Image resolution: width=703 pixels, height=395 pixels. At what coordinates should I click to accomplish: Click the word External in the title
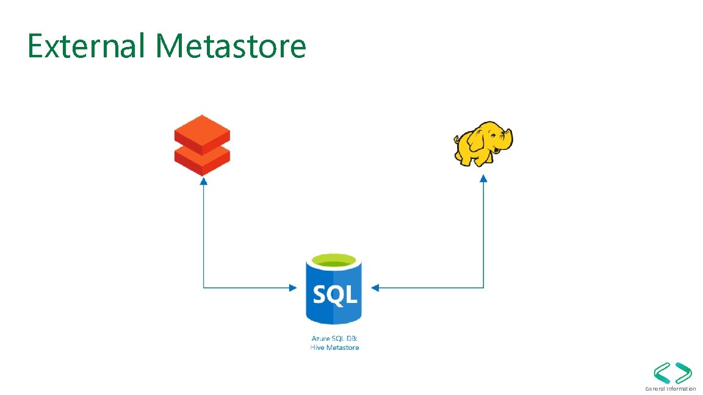pyautogui.click(x=85, y=46)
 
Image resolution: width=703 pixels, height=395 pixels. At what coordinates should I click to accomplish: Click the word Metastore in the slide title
pyautogui.click(x=230, y=46)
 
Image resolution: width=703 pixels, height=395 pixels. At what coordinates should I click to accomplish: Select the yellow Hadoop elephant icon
pyautogui.click(x=483, y=143)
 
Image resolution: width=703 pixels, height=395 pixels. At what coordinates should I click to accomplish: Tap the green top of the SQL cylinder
pyautogui.click(x=333, y=261)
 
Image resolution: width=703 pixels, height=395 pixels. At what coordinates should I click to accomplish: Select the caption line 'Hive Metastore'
pyautogui.click(x=334, y=347)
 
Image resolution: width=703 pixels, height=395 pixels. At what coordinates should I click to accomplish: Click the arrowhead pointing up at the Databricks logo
pyautogui.click(x=203, y=181)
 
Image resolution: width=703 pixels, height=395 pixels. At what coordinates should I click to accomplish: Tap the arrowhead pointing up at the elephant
pyautogui.click(x=483, y=179)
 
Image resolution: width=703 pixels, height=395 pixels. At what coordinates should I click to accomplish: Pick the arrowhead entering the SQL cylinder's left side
pyautogui.click(x=292, y=288)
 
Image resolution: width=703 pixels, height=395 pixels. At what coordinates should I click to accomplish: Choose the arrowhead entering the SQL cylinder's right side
pyautogui.click(x=375, y=288)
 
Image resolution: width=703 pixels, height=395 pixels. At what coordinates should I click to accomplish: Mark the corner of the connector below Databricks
pyautogui.click(x=203, y=288)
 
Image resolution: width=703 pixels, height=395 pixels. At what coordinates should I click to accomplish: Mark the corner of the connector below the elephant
pyautogui.click(x=483, y=288)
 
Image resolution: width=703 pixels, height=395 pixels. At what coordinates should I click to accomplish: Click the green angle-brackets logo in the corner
pyautogui.click(x=672, y=372)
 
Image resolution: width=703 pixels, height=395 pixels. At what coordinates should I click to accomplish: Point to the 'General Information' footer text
pyautogui.click(x=670, y=388)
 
